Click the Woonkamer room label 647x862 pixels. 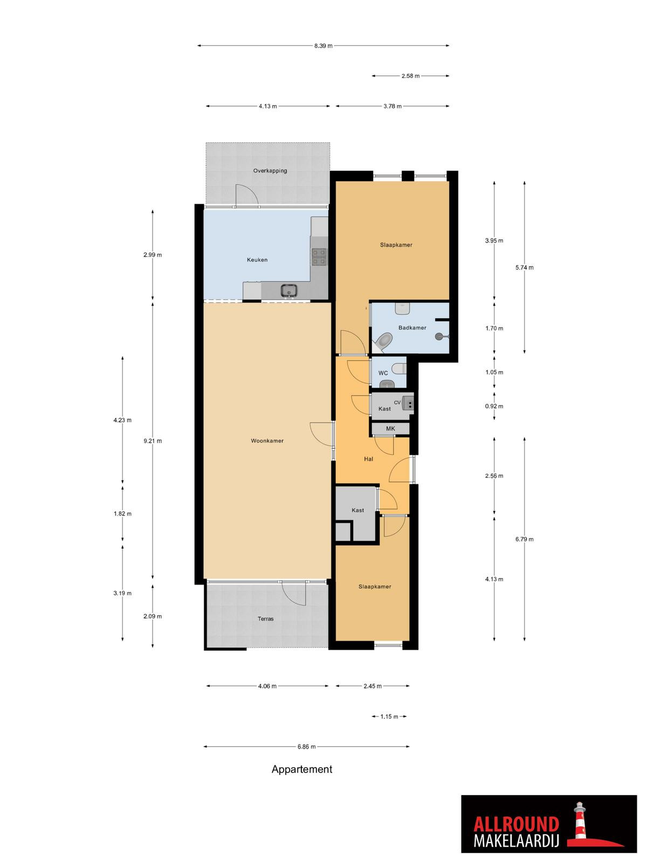(267, 441)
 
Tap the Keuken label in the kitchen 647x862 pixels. (257, 260)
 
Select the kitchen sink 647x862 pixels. (290, 290)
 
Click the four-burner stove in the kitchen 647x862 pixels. (319, 257)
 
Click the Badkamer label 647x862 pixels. (412, 328)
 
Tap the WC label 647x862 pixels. (383, 373)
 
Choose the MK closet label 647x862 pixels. (390, 428)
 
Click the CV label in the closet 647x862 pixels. (397, 402)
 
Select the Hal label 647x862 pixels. (368, 458)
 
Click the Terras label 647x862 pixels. (266, 618)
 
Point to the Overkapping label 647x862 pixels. (270, 171)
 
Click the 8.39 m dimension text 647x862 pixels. (323, 46)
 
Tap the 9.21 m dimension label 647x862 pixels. (153, 441)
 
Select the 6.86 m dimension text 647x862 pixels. (306, 747)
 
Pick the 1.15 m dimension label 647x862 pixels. (389, 717)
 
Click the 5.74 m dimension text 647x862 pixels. (525, 267)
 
